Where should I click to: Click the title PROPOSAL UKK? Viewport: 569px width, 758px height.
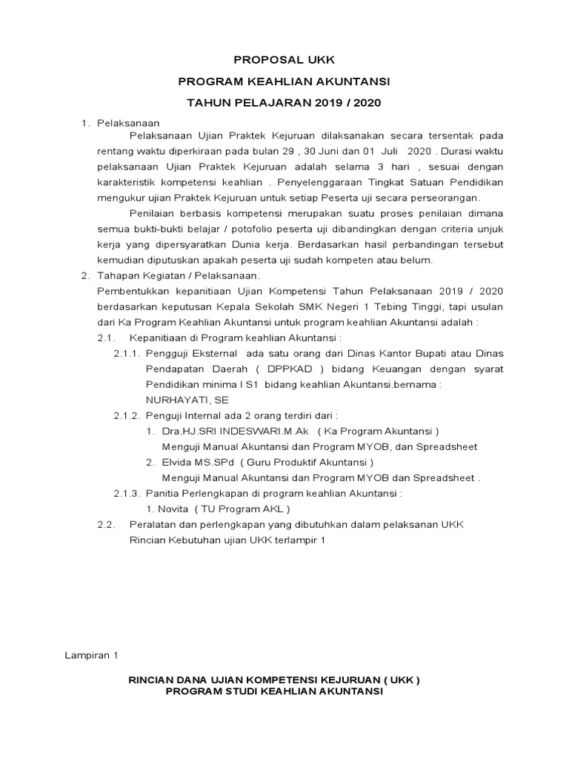(284, 59)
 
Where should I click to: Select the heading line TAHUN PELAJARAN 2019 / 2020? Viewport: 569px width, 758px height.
(284, 102)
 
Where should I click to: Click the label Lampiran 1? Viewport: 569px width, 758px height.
(91, 655)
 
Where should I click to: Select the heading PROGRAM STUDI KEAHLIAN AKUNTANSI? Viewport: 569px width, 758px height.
(274, 691)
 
